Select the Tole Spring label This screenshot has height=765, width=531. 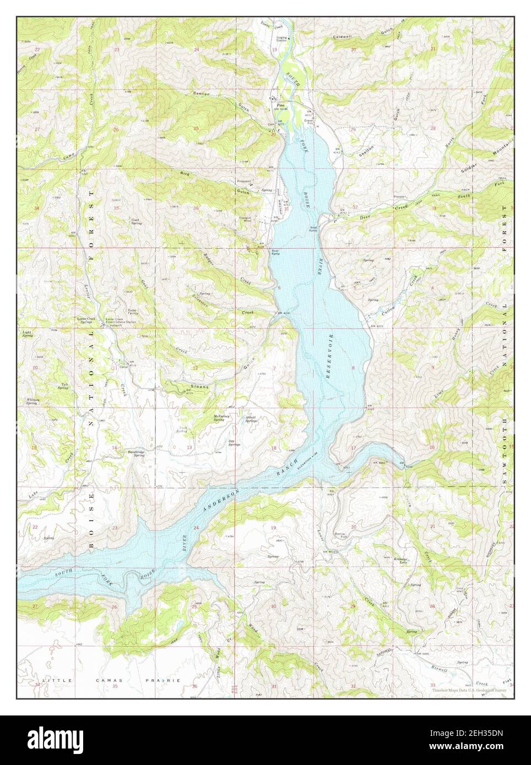point(65,386)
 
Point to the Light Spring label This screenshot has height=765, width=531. point(28,334)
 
